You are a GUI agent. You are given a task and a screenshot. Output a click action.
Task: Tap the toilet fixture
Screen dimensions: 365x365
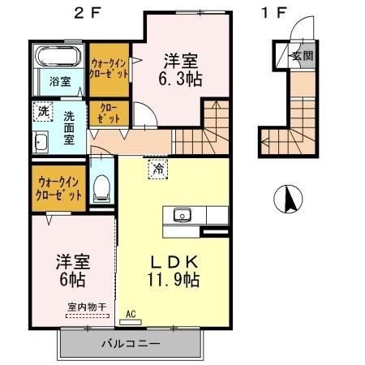tap(102, 187)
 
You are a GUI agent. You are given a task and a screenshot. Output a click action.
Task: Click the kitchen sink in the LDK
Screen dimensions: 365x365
tap(181, 215)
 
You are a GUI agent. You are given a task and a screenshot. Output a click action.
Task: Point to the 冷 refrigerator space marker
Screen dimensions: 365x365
tap(157, 170)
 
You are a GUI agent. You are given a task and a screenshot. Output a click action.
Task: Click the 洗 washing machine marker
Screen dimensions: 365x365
tap(41, 109)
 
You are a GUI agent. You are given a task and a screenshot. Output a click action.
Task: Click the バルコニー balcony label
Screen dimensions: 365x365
tap(131, 343)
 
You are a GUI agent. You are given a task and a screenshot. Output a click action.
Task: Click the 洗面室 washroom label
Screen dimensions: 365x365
tap(70, 127)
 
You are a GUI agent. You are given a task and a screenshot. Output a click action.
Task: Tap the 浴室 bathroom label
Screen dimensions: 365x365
tap(59, 82)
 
